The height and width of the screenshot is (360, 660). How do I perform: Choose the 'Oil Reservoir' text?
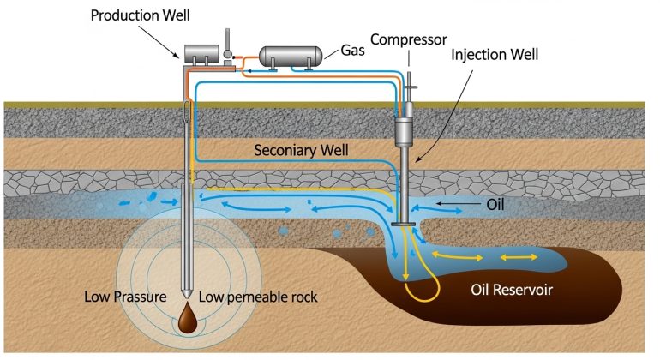pos(512,290)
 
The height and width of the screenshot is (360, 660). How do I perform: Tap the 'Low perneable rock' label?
pos(257,297)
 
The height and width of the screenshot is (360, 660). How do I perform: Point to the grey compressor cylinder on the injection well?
pos(404,133)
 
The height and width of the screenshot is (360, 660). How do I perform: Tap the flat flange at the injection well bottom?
pos(404,225)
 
